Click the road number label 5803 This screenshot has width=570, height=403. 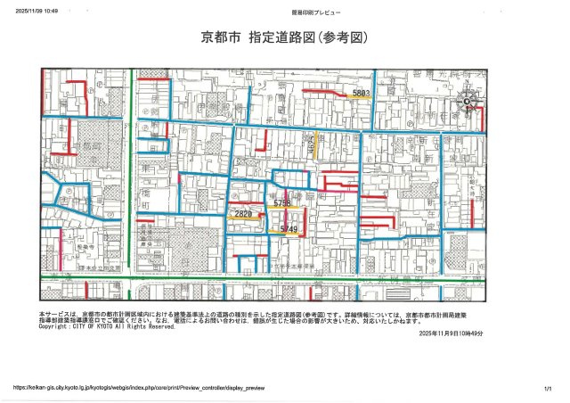(361, 93)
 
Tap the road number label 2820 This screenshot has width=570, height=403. (242, 214)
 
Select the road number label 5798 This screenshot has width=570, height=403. (282, 204)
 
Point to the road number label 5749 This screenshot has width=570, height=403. (288, 229)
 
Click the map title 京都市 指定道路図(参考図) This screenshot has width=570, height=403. (284, 39)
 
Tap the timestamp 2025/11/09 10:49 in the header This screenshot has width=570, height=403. (37, 11)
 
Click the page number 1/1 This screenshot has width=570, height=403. (547, 388)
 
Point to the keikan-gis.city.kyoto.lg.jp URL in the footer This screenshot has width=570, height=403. (139, 388)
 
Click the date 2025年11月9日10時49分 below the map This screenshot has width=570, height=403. (450, 333)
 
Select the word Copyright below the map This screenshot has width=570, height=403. (56, 326)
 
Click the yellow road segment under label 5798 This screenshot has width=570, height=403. (283, 210)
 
